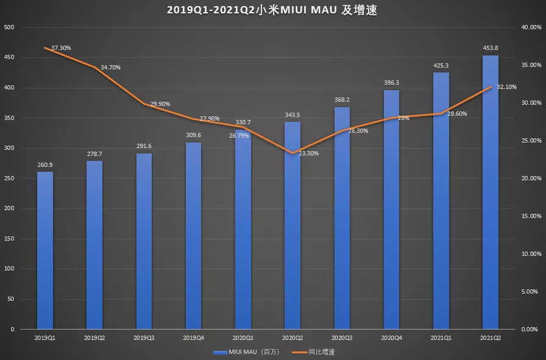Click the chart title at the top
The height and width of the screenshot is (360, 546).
click(x=272, y=10)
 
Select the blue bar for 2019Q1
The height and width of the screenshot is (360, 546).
click(x=44, y=250)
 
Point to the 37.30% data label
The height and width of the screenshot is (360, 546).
click(x=60, y=48)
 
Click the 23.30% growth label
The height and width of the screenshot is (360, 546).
click(x=308, y=154)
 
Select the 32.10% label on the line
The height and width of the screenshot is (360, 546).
click(x=506, y=87)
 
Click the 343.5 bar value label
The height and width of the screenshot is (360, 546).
click(x=292, y=115)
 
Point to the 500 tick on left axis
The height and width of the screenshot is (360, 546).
click(x=9, y=28)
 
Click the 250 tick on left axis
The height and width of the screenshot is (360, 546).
click(x=9, y=178)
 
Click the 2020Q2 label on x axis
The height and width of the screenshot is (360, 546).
click(x=292, y=337)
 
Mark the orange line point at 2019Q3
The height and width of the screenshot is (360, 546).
click(x=144, y=104)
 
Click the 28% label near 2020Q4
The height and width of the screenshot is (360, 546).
click(x=403, y=118)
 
